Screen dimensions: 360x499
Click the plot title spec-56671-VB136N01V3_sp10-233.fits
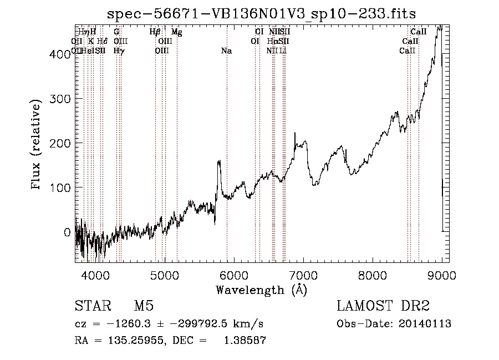(261, 13)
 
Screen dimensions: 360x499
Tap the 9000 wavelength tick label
(441, 275)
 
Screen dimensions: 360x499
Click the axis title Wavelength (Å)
(261, 290)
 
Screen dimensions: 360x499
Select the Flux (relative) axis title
(37, 145)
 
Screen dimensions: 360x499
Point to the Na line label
(226, 51)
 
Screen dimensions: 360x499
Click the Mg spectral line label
(177, 32)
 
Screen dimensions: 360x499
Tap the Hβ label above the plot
(155, 32)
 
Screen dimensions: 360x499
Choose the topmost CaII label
(418, 32)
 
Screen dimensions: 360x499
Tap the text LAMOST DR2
(383, 306)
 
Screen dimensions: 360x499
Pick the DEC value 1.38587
(245, 341)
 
